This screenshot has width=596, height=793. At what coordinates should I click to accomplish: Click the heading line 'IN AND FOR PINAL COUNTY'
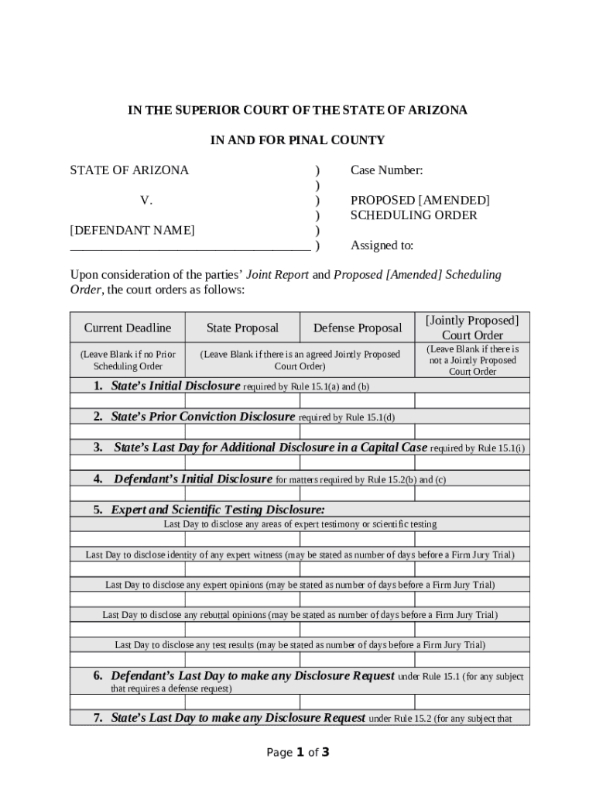pos(297,140)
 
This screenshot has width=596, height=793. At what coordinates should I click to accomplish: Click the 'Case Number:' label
pos(386,170)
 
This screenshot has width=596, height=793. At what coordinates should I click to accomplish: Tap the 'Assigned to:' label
pos(382,245)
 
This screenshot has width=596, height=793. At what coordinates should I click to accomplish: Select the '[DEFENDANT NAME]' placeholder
pos(132,230)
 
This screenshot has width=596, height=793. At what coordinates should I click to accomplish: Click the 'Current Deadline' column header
pos(128,328)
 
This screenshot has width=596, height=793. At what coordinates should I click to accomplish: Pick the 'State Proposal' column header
pos(242,328)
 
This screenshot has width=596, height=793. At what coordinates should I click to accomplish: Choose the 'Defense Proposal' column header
pos(358,328)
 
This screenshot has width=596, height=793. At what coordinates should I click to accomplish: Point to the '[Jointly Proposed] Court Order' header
pos(472,328)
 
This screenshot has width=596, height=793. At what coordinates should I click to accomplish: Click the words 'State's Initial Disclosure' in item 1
pos(176,386)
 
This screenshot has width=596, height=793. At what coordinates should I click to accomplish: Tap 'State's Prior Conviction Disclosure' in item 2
pos(203,417)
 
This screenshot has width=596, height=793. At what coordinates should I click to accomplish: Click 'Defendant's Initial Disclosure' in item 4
pos(193,479)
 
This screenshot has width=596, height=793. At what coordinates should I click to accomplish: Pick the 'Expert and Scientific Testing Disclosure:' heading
pos(218,509)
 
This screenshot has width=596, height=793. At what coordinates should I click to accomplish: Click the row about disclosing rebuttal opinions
pos(300,615)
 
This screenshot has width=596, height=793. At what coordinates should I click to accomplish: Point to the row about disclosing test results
pos(300,645)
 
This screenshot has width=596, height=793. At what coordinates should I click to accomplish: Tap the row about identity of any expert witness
pos(300,554)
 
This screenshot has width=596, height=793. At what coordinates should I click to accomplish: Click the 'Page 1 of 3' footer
pos(298,752)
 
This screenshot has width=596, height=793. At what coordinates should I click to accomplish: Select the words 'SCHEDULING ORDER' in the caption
pos(413,215)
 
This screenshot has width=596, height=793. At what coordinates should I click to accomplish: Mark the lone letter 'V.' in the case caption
pos(146,201)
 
